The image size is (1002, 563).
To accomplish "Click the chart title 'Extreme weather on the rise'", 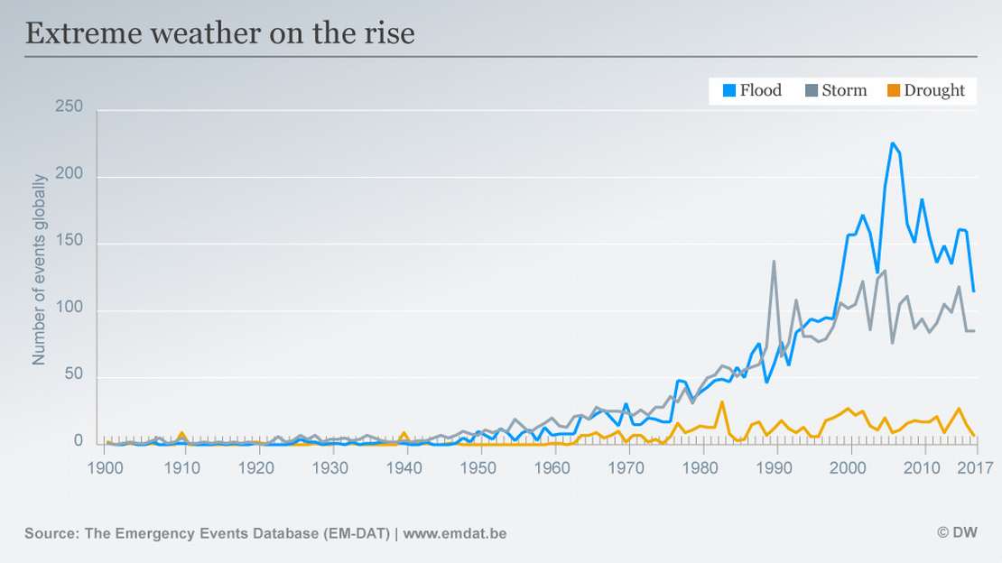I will [x=219, y=33].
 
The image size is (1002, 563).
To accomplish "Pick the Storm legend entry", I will [x=836, y=90].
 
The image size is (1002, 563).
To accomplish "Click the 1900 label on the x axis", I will [x=107, y=467].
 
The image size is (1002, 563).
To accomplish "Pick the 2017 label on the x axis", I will [x=975, y=467].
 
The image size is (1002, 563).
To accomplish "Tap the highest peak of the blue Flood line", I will [x=892, y=143].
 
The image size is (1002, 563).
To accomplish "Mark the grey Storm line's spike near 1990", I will [x=774, y=262].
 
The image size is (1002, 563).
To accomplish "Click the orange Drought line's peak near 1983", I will [x=722, y=401].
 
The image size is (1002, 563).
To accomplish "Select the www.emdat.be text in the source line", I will [x=454, y=533].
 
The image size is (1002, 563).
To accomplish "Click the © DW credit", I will [x=957, y=533].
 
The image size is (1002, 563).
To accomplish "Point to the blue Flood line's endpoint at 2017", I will [x=974, y=291].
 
